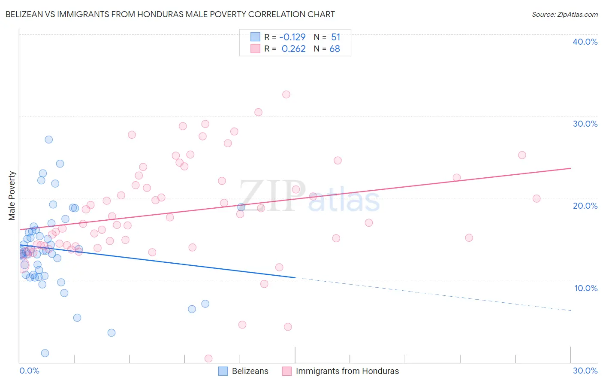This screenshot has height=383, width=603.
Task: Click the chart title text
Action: click(170, 14)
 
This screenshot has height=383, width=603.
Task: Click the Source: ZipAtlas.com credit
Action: click(564, 14)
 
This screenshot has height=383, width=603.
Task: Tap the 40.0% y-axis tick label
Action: click(585, 42)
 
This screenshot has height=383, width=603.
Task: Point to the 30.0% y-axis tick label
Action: click(585, 124)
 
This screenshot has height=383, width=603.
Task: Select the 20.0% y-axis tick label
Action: click(585, 206)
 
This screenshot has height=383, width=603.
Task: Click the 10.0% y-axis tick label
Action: click(586, 288)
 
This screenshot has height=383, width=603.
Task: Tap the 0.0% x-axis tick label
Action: click(29, 371)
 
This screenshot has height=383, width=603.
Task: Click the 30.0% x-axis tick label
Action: click(585, 371)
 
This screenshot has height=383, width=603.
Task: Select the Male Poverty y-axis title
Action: click(12, 196)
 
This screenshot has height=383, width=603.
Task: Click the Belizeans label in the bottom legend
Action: click(250, 371)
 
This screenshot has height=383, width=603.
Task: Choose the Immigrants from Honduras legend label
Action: click(347, 371)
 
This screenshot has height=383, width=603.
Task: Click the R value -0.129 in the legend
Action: click(292, 37)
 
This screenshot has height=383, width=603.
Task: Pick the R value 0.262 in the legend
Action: click(293, 49)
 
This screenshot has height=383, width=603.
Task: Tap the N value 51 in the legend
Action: click(335, 37)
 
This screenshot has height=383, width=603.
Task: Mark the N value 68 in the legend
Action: click(335, 49)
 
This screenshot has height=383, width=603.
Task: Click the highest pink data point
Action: click(286, 94)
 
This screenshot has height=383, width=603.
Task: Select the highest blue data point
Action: click(49, 140)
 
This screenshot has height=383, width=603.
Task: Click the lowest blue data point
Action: click(45, 353)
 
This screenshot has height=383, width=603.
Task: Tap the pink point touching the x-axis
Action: click(208, 359)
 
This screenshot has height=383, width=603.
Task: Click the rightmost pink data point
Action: click(537, 198)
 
